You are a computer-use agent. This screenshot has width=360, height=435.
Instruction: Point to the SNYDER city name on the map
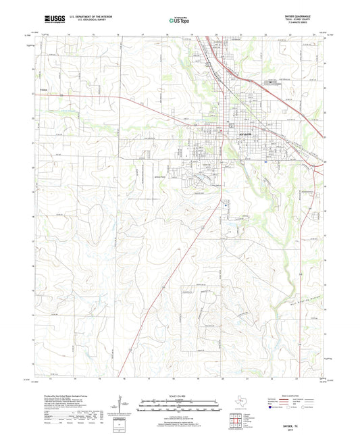pyautogui.click(x=245, y=134)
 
